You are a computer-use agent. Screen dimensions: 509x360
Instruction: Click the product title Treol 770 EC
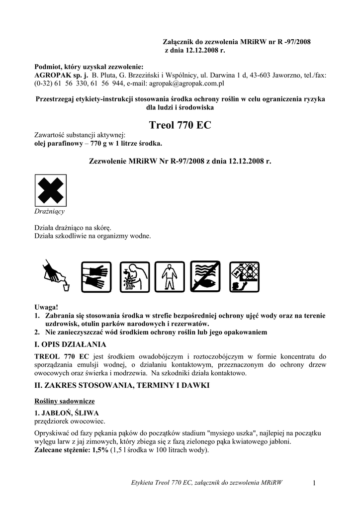(180, 126)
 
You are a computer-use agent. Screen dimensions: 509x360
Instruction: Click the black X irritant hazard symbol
(50, 190)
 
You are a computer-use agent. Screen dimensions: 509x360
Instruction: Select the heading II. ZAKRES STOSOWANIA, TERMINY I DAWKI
(121, 385)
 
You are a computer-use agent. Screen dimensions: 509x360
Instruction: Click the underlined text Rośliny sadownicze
(64, 401)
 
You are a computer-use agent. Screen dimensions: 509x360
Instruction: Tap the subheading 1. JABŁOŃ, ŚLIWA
(66, 413)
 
